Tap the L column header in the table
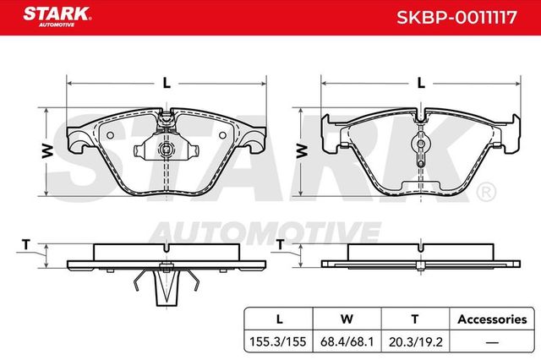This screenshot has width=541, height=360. coord(278,319)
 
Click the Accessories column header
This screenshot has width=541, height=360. coord(491,319)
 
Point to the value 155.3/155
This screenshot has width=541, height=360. coord(278,343)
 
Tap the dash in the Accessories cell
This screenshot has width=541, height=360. coord(491,343)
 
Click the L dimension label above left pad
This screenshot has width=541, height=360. coord(167,83)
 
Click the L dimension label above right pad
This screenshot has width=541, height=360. coord(421,83)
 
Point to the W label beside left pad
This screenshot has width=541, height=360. coord(48,150)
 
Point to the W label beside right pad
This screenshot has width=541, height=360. coord(302,150)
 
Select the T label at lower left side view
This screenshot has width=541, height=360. coord(25,245)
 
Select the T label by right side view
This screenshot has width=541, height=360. coord(280,245)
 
